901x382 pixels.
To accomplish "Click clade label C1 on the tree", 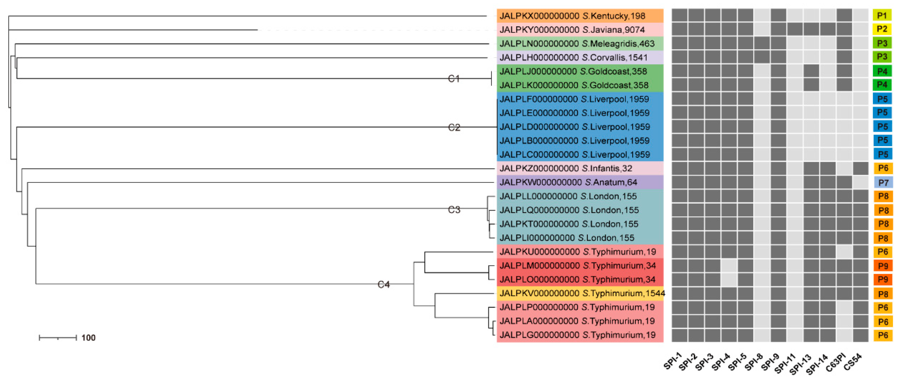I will [x=454, y=79].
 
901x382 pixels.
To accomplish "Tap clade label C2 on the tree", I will [x=454, y=127].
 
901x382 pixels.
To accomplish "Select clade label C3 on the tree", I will [x=454, y=210].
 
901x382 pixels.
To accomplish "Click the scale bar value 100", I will [x=89, y=338].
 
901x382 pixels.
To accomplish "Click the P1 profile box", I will [x=882, y=16].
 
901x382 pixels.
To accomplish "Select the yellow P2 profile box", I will [x=882, y=29].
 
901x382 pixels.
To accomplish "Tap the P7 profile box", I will [x=883, y=182].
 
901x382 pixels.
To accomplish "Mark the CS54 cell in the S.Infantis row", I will [x=861, y=168].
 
